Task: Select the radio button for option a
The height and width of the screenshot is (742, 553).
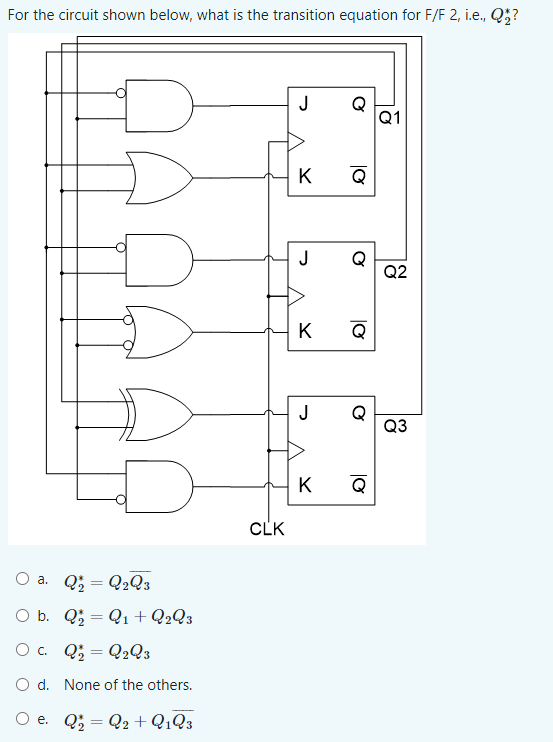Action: coord(22,579)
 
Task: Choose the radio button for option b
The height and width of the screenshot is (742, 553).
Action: coord(22,615)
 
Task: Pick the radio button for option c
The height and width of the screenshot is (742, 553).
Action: coord(22,650)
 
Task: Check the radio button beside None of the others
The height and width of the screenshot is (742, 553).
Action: coord(22,684)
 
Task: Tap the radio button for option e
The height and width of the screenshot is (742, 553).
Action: coord(22,719)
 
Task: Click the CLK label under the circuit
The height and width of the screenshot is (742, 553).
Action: coord(267,529)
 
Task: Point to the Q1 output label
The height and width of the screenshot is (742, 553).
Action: coord(390,117)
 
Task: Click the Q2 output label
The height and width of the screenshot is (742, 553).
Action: coord(395,272)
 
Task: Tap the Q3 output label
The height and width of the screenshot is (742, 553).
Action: coord(395,426)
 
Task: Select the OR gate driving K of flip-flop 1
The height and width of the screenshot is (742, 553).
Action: coord(159,178)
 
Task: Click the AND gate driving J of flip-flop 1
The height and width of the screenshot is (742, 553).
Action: coord(159,106)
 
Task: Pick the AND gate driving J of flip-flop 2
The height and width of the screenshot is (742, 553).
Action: coord(159,260)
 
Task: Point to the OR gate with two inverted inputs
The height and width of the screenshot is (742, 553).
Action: coord(159,332)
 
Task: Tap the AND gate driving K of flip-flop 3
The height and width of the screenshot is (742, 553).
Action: coord(159,486)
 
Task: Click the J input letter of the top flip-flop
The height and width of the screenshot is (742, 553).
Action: coord(305,104)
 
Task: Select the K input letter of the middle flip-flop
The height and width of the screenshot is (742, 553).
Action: coord(305,331)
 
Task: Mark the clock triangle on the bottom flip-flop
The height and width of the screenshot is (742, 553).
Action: coord(296,450)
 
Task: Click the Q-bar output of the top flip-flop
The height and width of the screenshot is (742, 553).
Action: coord(359,175)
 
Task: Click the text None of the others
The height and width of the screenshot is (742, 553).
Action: coord(128,685)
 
